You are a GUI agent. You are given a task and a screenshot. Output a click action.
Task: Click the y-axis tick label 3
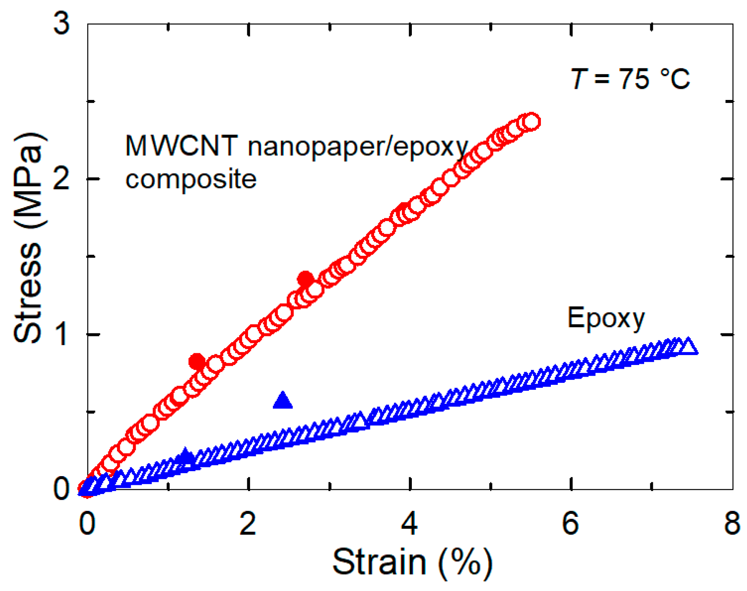(61, 24)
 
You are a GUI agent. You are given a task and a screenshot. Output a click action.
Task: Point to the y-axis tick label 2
(61, 179)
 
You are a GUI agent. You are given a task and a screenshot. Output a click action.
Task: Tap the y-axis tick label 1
(61, 334)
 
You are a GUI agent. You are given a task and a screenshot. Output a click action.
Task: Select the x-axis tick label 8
(732, 523)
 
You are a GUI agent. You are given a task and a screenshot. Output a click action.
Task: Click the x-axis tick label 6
(570, 523)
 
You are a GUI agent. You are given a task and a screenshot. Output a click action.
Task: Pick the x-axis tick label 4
(409, 523)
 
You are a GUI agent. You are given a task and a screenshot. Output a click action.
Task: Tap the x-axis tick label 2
(248, 523)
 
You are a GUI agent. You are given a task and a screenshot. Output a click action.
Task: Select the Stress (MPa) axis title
(28, 238)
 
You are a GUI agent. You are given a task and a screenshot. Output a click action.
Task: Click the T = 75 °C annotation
(630, 79)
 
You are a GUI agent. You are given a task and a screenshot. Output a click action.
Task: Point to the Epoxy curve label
(606, 319)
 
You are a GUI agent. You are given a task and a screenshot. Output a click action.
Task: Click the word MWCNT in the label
(181, 146)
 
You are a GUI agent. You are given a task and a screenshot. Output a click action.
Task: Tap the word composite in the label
(191, 179)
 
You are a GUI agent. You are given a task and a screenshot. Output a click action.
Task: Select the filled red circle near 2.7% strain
(306, 279)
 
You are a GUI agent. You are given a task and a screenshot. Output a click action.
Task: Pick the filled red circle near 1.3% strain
(197, 362)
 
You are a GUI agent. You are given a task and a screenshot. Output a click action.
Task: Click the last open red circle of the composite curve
(532, 122)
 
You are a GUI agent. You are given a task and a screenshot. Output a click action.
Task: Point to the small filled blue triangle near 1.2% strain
(185, 456)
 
